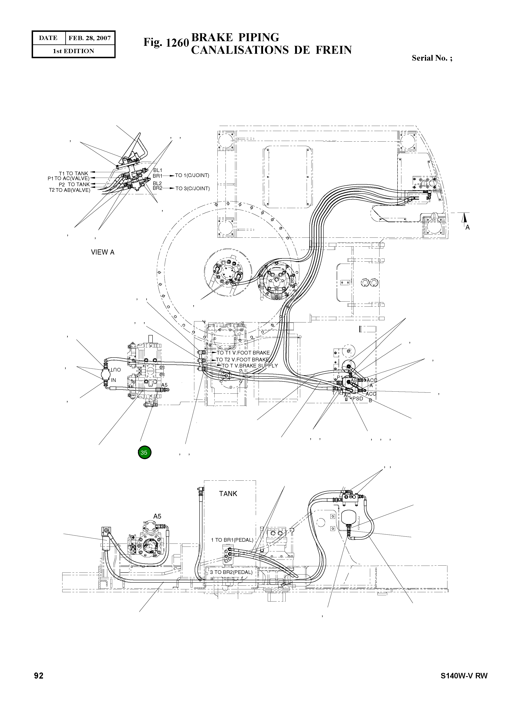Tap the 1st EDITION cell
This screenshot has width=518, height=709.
(73, 51)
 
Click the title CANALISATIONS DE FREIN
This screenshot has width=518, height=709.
(271, 50)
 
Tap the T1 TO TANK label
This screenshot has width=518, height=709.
(73, 173)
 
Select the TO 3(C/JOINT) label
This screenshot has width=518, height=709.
(192, 188)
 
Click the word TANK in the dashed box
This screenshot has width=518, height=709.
(228, 494)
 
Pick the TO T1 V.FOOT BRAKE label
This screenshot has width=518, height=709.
(243, 353)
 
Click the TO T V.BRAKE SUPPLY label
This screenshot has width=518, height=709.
(250, 366)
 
